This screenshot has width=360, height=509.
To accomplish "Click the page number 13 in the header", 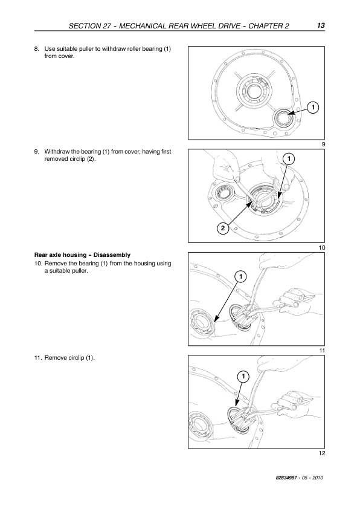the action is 321,25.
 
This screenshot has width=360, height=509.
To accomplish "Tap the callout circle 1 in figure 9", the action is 313,107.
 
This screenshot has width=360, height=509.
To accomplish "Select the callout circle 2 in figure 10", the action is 222,229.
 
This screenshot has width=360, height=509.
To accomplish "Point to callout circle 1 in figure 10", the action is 289,158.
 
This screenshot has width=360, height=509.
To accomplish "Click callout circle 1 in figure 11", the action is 240,277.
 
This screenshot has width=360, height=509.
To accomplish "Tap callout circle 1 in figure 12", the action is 243,376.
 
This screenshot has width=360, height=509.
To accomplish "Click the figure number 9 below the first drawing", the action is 323,144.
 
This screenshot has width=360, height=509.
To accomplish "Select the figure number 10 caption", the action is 322,248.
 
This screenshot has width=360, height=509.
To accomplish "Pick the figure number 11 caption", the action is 322,351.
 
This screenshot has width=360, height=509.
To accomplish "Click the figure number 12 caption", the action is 322,453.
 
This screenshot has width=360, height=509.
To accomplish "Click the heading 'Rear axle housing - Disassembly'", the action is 82,255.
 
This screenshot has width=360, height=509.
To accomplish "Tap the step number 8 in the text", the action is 37,49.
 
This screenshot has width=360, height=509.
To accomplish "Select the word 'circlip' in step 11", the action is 77,358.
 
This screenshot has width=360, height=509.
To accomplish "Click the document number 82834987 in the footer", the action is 286,478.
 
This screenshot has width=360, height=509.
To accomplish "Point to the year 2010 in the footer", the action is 318,478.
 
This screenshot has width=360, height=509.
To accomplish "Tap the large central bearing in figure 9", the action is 253,89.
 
